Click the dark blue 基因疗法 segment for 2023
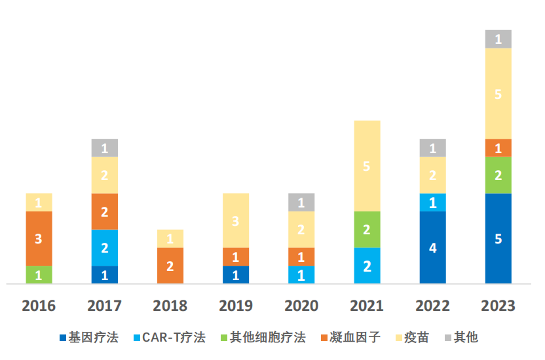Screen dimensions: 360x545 (x=498, y=238)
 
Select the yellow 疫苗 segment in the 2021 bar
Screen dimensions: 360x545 (x=367, y=166)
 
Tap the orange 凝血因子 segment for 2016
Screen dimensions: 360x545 (x=39, y=238)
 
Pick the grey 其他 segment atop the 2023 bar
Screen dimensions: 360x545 (x=498, y=39)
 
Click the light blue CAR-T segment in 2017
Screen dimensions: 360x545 (x=104, y=247)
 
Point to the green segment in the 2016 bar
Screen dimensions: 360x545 (x=39, y=274)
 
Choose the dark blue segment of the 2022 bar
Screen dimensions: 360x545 (x=432, y=247)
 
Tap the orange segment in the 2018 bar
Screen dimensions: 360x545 (x=170, y=265)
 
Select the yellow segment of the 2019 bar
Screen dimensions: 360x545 (x=236, y=220)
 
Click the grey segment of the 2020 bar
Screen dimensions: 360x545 (x=301, y=202)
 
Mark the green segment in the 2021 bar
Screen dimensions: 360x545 (x=367, y=229)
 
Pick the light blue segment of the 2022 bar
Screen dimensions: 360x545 (x=432, y=202)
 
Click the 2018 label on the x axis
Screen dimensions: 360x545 (x=170, y=306)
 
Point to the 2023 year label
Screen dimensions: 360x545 (x=498, y=306)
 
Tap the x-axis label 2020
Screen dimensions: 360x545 (x=301, y=306)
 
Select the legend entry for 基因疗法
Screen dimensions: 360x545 (x=92, y=338)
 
